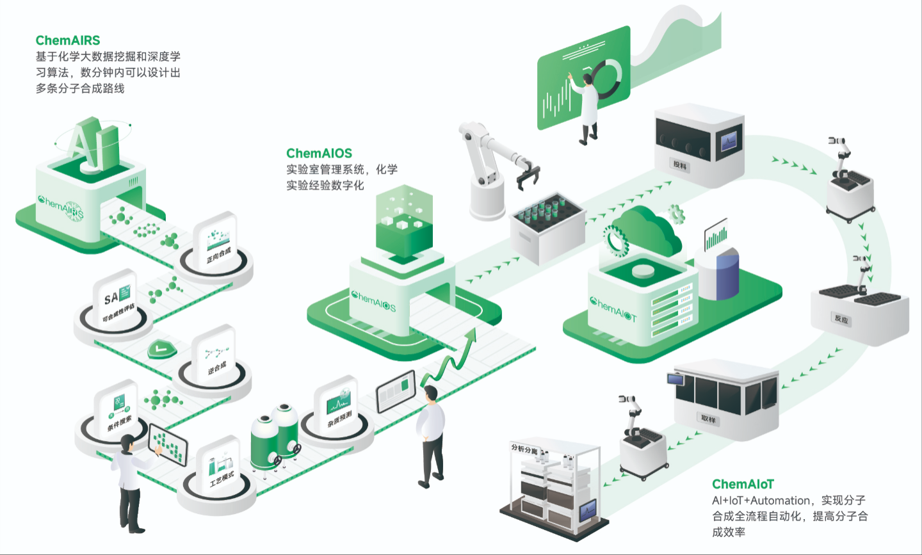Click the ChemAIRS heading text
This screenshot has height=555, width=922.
pyautogui.click(x=68, y=41)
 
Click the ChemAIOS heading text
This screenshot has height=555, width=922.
pyautogui.click(x=319, y=154)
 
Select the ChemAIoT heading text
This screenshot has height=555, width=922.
pyautogui.click(x=743, y=485)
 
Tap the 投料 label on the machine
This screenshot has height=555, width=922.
pyautogui.click(x=679, y=165)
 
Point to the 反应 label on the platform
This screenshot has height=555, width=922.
pyautogui.click(x=841, y=319)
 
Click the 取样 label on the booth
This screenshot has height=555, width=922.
pyautogui.click(x=708, y=419)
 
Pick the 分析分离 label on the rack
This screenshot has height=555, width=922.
pyautogui.click(x=524, y=449)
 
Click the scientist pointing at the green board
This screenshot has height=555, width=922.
pyautogui.click(x=588, y=109)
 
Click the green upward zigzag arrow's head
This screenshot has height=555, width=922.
pyautogui.click(x=472, y=335)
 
